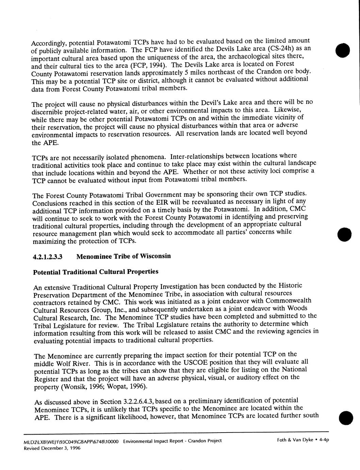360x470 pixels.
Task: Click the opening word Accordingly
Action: pyautogui.click(x=48, y=43)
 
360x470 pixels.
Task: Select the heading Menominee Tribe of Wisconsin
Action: pyautogui.click(x=124, y=256)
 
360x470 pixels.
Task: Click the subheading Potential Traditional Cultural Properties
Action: pyautogui.click(x=96, y=272)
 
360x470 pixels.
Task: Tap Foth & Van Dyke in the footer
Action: pyautogui.click(x=295, y=440)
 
